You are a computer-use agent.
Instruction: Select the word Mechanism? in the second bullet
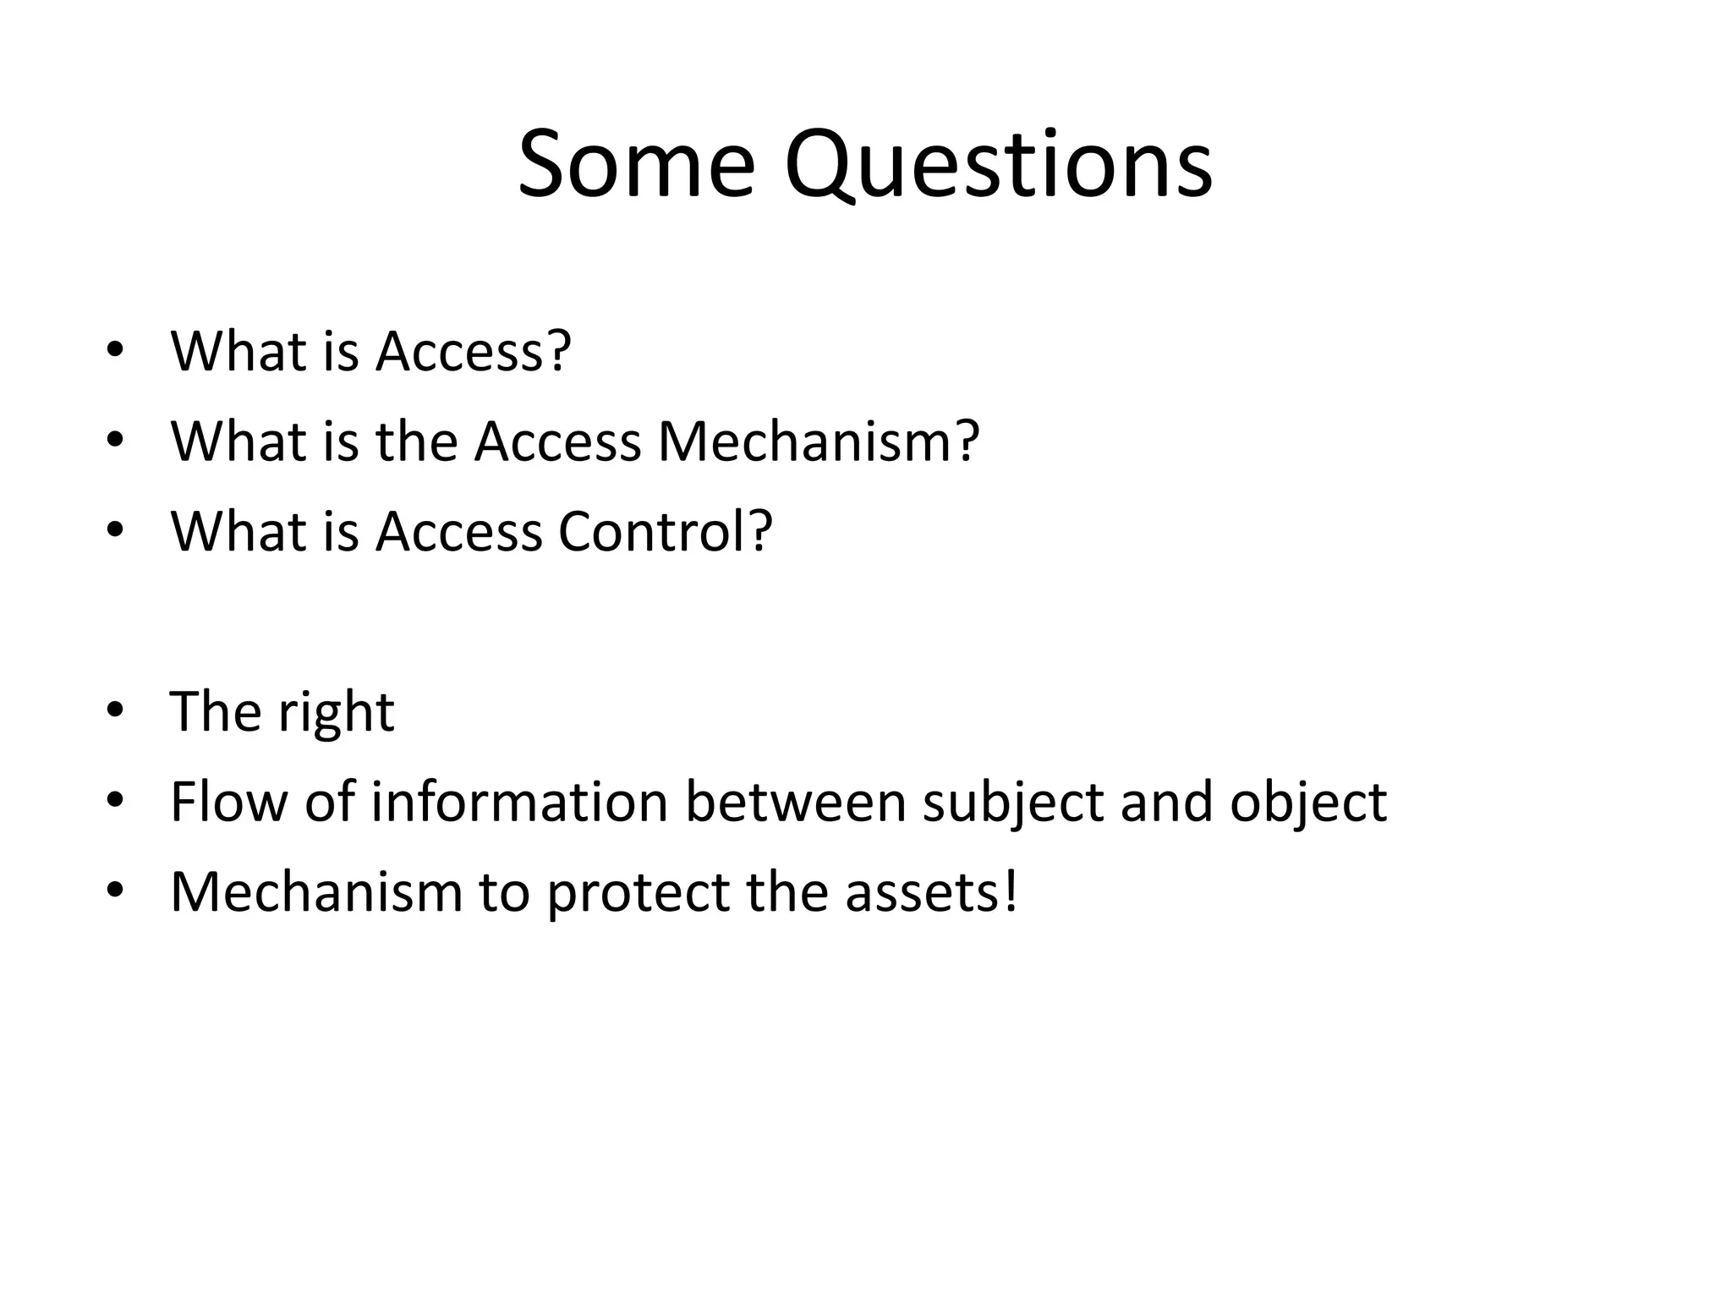818,441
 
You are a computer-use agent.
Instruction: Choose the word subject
1012,803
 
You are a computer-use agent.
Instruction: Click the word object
1307,803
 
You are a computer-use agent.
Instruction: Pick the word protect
638,893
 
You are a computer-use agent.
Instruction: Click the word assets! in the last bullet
931,893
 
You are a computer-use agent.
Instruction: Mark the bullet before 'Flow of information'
115,801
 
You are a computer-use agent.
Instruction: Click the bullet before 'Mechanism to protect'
115,891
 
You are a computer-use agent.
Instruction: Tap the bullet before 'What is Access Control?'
115,530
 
